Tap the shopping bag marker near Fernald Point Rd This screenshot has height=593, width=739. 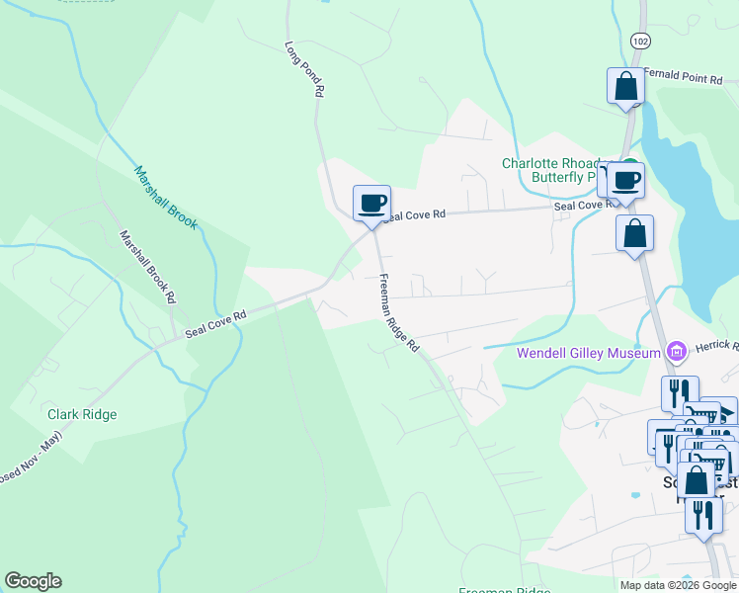click(625, 86)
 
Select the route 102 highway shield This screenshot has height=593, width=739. click(640, 40)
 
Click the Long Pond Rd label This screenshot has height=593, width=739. click(305, 68)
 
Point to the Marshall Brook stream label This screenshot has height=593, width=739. click(166, 197)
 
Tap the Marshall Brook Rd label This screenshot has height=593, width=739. click(148, 267)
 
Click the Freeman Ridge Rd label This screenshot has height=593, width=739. click(400, 312)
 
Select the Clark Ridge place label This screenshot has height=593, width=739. click(82, 415)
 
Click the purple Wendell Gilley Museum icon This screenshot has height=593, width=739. click(677, 351)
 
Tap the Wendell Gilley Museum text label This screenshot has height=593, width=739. click(588, 354)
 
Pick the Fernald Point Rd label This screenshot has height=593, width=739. click(690, 74)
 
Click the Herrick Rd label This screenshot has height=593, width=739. click(716, 345)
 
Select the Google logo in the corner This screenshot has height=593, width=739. click(33, 581)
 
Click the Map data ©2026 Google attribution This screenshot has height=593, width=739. click(677, 585)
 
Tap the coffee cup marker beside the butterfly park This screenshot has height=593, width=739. click(626, 180)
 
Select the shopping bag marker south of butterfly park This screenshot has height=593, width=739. click(634, 234)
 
